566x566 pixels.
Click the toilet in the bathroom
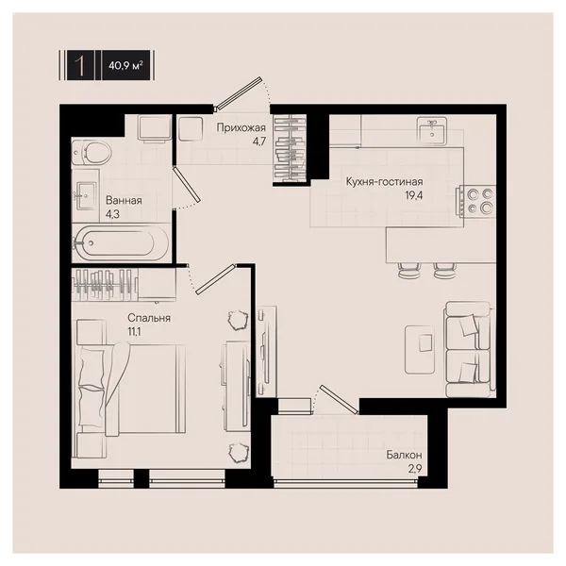pyautogui.click(x=91, y=153)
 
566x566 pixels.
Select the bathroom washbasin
pyautogui.click(x=86, y=195)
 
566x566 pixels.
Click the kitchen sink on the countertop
pyautogui.click(x=432, y=131)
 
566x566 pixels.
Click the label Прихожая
pyautogui.click(x=241, y=127)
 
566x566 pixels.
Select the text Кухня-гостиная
pyautogui.click(x=384, y=181)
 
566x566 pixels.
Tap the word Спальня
pyautogui.click(x=149, y=318)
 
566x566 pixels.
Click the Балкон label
pyautogui.click(x=404, y=455)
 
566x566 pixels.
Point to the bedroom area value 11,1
pyautogui.click(x=134, y=331)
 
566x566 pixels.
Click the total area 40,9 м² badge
pyautogui.click(x=125, y=65)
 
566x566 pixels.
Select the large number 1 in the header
pyautogui.click(x=80, y=65)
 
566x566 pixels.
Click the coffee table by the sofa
pyautogui.click(x=420, y=349)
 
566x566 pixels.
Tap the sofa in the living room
pyautogui.click(x=469, y=349)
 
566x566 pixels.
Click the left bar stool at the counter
pyautogui.click(x=409, y=270)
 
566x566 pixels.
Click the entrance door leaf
pyautogui.click(x=239, y=92)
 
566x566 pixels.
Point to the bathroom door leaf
pyautogui.click(x=187, y=184)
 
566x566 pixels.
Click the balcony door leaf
pyautogui.click(x=339, y=399)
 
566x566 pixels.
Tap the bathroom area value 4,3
pyautogui.click(x=112, y=214)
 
